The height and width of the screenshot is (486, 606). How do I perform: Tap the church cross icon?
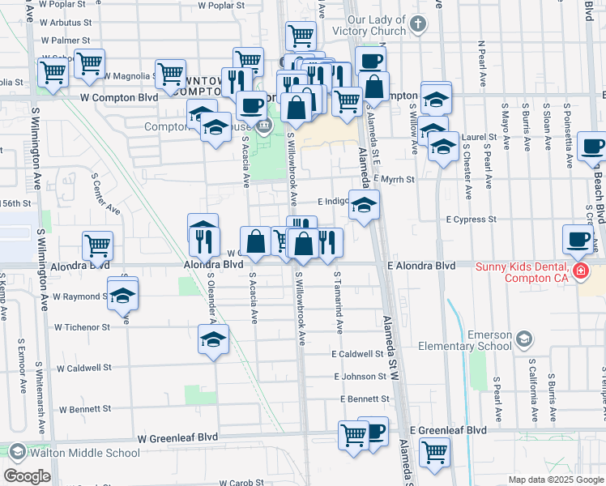(x=417, y=23)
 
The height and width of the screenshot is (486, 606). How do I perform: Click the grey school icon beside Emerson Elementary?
(x=523, y=339)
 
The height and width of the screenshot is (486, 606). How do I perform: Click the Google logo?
(x=27, y=476)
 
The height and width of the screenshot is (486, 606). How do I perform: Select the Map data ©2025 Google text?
(x=556, y=480)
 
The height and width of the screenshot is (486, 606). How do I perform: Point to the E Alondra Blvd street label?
(x=420, y=266)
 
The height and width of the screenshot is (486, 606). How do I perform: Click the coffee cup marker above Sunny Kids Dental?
(x=578, y=239)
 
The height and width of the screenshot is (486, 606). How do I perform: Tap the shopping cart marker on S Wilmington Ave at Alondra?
(x=97, y=244)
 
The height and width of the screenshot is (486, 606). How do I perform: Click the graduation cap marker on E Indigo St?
(x=365, y=205)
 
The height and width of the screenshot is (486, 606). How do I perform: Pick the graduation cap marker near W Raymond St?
(x=122, y=294)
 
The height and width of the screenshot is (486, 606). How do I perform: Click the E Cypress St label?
(x=471, y=220)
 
